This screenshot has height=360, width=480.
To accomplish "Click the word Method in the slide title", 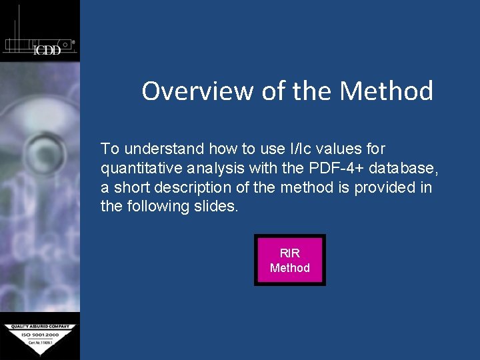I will pos(386,91).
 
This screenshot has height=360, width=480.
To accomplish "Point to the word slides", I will pos(214,207).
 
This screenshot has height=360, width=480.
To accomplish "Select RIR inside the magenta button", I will pos(290,253).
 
